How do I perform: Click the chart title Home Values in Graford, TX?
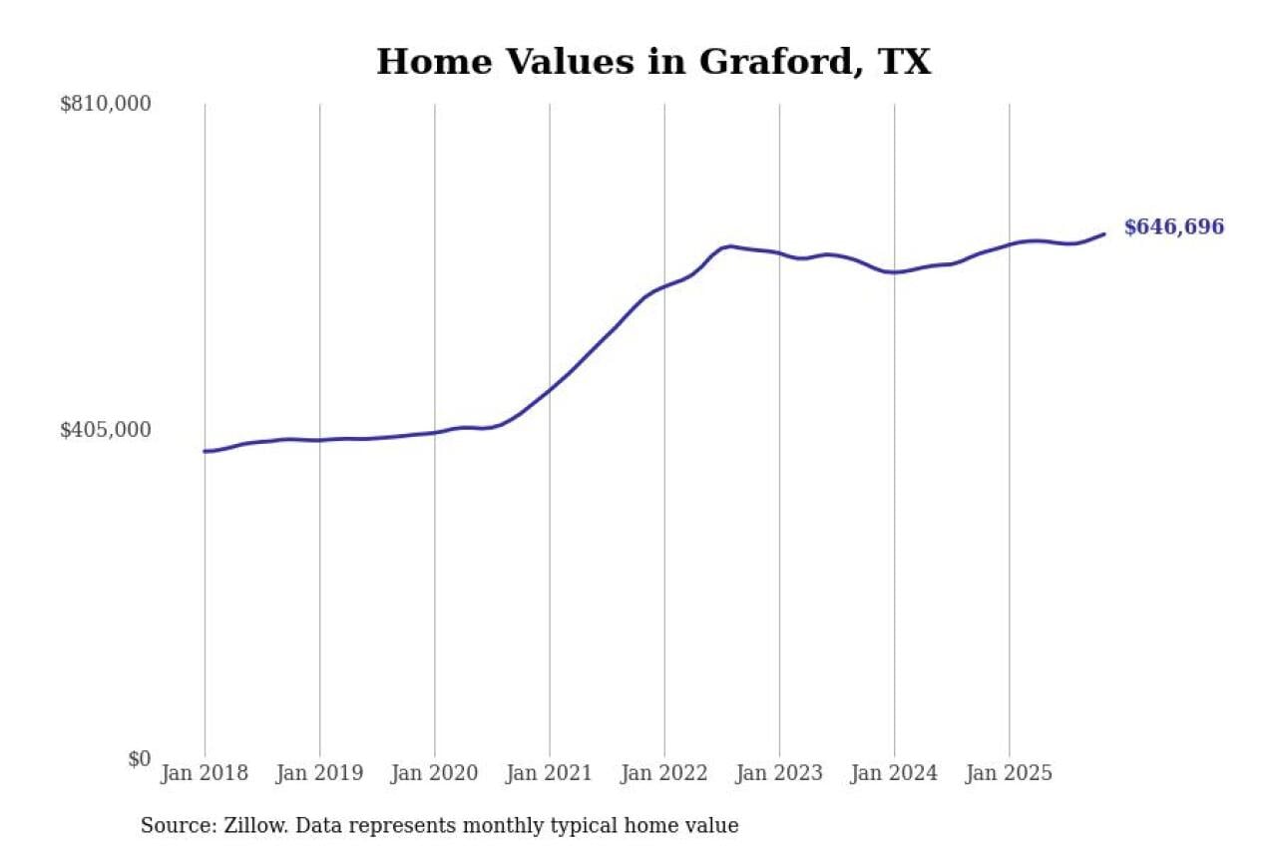point(653,62)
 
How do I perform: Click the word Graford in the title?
point(776,62)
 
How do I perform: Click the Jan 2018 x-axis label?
point(205,774)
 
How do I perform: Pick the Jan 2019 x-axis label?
point(319,774)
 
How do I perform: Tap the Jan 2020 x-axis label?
point(434,774)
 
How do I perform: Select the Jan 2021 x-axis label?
point(549,774)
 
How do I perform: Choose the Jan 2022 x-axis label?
point(663,774)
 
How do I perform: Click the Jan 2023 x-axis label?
point(779,774)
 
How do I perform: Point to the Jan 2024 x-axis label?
point(894,774)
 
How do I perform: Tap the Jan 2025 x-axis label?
point(1009,774)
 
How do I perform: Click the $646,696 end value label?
point(1173,227)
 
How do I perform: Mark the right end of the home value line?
point(1104,234)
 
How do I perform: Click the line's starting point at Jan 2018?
point(205,451)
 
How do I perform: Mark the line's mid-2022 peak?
point(730,245)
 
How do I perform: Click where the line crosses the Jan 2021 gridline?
point(550,388)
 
